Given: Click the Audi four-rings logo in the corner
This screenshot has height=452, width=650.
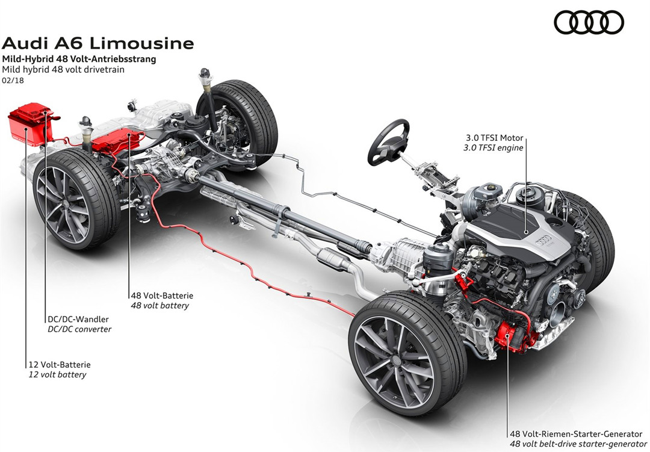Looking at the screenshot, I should [589, 23].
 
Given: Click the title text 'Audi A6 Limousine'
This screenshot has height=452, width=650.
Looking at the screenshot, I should [98, 43].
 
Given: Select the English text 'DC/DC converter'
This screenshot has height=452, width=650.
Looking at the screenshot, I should [79, 329].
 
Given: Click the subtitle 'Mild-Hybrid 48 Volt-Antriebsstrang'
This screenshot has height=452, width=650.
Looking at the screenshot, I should [79, 59].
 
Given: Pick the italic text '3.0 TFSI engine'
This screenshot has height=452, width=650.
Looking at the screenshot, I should [494, 147].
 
